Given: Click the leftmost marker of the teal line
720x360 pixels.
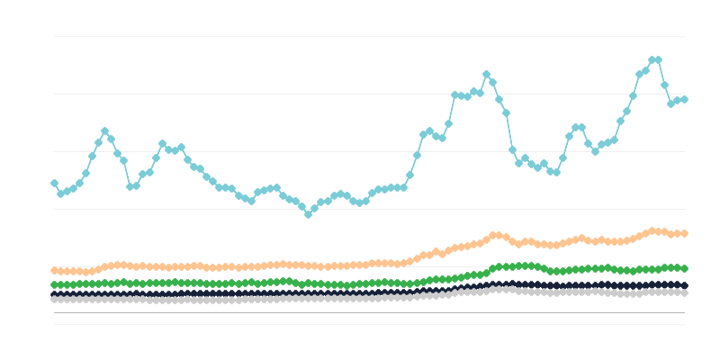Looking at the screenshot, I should tap(54, 183).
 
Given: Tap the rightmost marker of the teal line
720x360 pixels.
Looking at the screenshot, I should tap(684, 99).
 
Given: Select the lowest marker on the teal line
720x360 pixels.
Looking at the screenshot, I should tap(308, 214).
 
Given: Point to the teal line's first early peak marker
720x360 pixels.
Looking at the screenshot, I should tap(104, 131).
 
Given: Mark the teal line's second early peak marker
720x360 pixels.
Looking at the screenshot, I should tap(162, 144).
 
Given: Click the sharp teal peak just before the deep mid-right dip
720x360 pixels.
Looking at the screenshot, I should tap(486, 75).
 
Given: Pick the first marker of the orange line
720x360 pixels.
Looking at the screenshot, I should tap(54, 270).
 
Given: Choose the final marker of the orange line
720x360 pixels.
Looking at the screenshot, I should tap(684, 233).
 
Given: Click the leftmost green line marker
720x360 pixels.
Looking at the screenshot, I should tap(54, 284).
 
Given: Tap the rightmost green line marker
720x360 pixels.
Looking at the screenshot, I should tap(684, 268).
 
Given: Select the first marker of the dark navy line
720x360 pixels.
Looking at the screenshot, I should tap(54, 294).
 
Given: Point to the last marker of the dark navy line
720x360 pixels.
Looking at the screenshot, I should tap(684, 285).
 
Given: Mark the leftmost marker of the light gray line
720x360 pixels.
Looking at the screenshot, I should tap(54, 299).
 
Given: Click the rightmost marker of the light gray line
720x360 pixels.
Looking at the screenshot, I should tap(684, 292).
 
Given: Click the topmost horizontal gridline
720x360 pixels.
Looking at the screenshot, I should tap(360, 36).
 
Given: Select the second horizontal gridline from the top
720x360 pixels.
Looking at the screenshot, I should tap(360, 94).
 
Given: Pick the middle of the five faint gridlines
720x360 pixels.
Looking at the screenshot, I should tap(360, 151).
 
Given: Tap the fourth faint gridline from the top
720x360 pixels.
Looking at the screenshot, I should tap(360, 209).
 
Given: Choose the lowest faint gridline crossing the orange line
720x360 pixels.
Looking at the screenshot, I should tap(360, 266).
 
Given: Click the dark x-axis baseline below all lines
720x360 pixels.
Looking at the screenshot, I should tap(360, 312).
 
